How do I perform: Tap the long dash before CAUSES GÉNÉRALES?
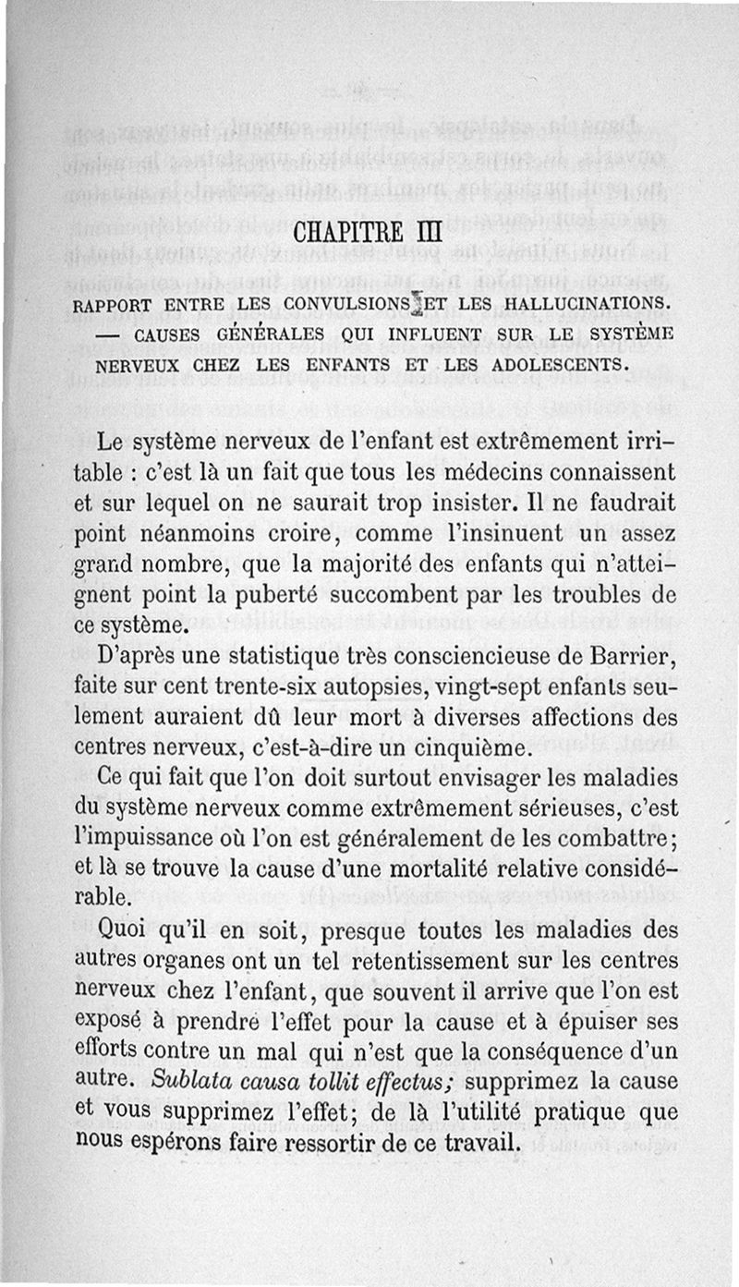tap(108, 334)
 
